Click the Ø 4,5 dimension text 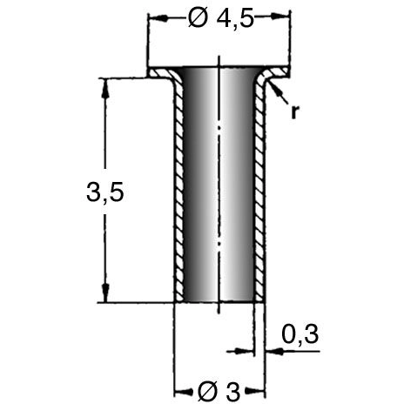tap(221, 19)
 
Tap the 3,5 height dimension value tap(105, 192)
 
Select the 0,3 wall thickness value tap(300, 334)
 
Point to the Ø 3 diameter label tap(219, 392)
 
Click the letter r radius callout tap(294, 111)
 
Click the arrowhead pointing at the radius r tap(274, 89)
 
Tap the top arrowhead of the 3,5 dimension tap(105, 88)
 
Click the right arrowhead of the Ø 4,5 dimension tap(280, 17)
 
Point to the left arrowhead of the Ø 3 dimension tap(183, 391)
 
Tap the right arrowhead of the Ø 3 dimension tap(255, 392)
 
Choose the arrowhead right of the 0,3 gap tap(274, 351)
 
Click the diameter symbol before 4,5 tap(199, 19)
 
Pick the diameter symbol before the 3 tap(207, 392)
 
